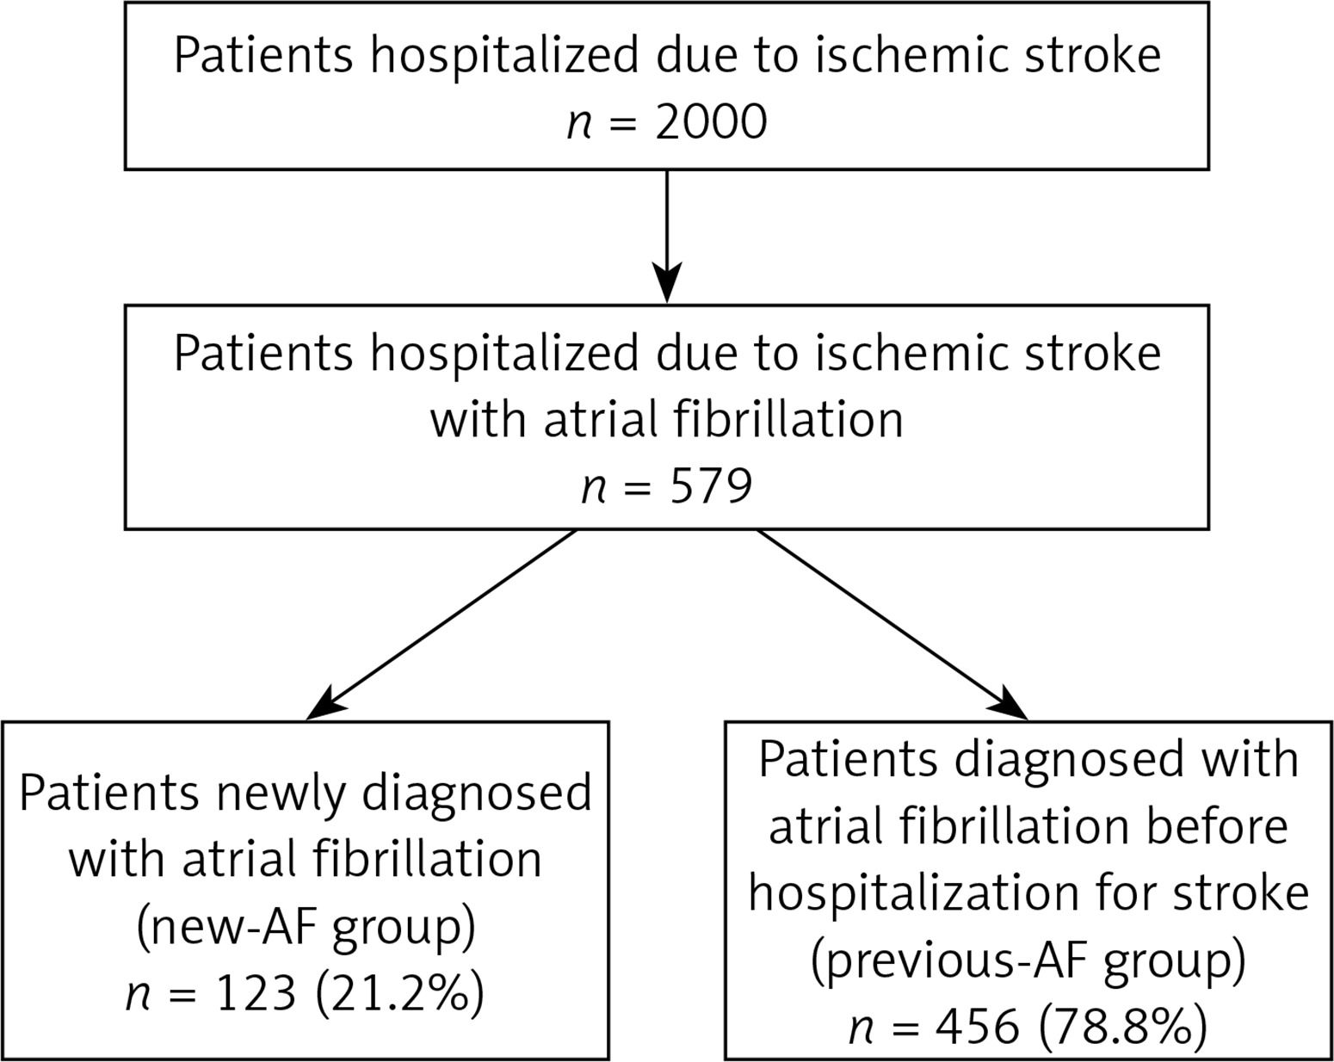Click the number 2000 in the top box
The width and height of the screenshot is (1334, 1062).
coord(711,121)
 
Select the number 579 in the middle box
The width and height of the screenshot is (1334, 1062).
coord(711,485)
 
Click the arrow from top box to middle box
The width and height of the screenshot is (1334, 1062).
coord(667,237)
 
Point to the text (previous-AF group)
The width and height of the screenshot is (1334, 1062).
coord(1028,960)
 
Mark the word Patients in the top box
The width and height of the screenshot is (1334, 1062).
coord(263,55)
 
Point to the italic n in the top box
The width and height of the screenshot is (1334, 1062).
coord(578,123)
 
